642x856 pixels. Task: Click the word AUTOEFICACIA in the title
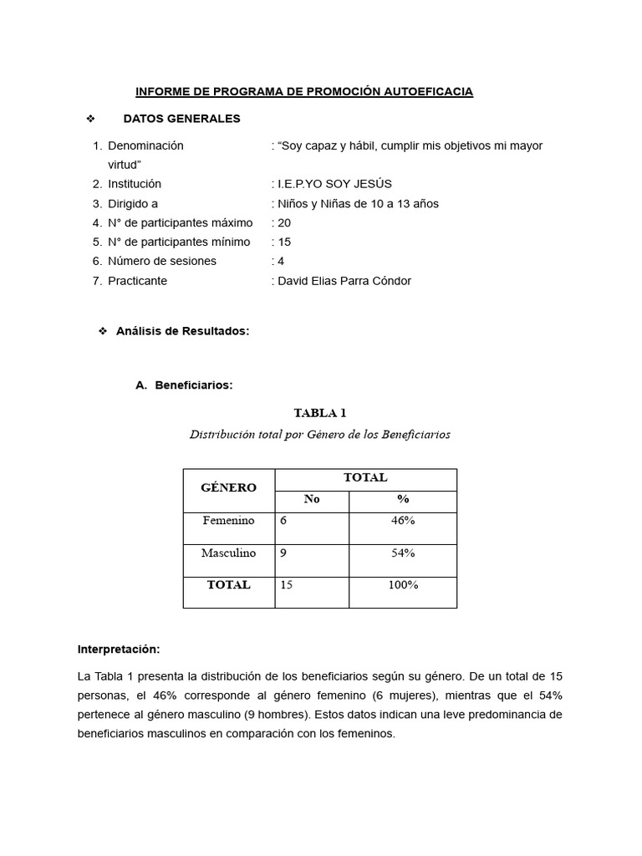428,91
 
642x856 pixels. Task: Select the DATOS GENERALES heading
181,119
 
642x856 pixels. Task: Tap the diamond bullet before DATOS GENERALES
90,119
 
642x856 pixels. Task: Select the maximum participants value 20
284,223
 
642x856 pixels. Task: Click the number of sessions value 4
281,261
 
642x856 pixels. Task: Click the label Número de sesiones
161,261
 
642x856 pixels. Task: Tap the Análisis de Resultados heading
182,331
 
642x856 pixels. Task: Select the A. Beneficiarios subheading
184,385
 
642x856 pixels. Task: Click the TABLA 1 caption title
319,413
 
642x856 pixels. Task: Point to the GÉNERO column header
228,487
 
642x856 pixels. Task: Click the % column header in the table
403,499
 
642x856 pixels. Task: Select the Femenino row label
228,521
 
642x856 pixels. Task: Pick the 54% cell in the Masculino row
403,553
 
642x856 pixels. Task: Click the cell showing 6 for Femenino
284,521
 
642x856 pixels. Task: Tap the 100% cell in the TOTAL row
403,585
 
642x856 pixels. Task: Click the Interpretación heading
119,649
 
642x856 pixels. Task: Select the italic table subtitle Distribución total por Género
319,435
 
